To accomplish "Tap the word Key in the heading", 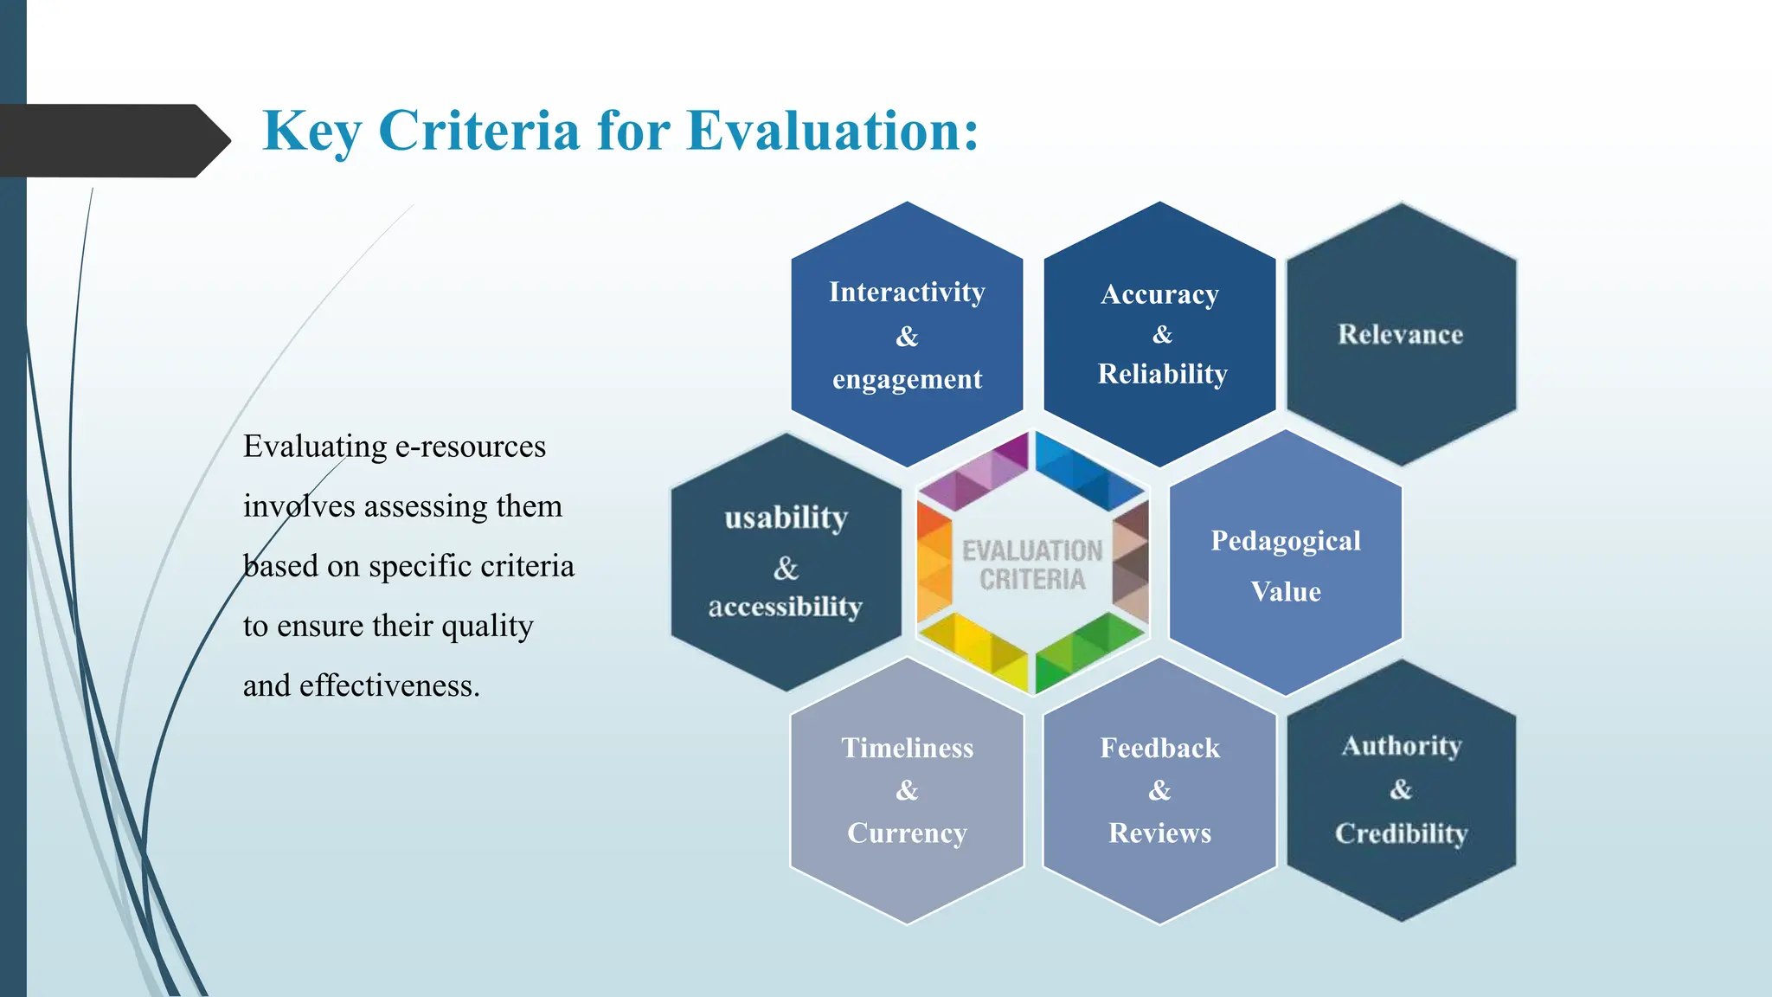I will pyautogui.click(x=311, y=132).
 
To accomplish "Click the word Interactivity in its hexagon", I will pyautogui.click(x=907, y=292).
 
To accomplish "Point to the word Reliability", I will pyautogui.click(x=1162, y=374).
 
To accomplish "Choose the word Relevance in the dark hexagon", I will pyautogui.click(x=1400, y=334).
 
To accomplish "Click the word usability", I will pyautogui.click(x=786, y=518).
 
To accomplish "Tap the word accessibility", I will pyautogui.click(x=785, y=606).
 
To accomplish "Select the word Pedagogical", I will pyautogui.click(x=1285, y=541).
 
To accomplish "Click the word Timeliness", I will pyautogui.click(x=907, y=748).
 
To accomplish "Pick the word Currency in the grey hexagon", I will pyautogui.click(x=907, y=833).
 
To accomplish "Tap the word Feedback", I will pyautogui.click(x=1159, y=748).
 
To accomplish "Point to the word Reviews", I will pyautogui.click(x=1159, y=833).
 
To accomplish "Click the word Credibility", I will pyautogui.click(x=1401, y=833).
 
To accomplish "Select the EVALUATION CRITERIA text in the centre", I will pyautogui.click(x=1032, y=565).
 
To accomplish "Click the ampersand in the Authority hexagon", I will pyautogui.click(x=1401, y=789).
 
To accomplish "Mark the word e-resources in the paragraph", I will pyautogui.click(x=470, y=447).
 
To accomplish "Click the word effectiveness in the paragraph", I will pyautogui.click(x=388, y=685).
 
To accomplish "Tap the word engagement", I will pyautogui.click(x=907, y=379).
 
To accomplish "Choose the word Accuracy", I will pyautogui.click(x=1159, y=294).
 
